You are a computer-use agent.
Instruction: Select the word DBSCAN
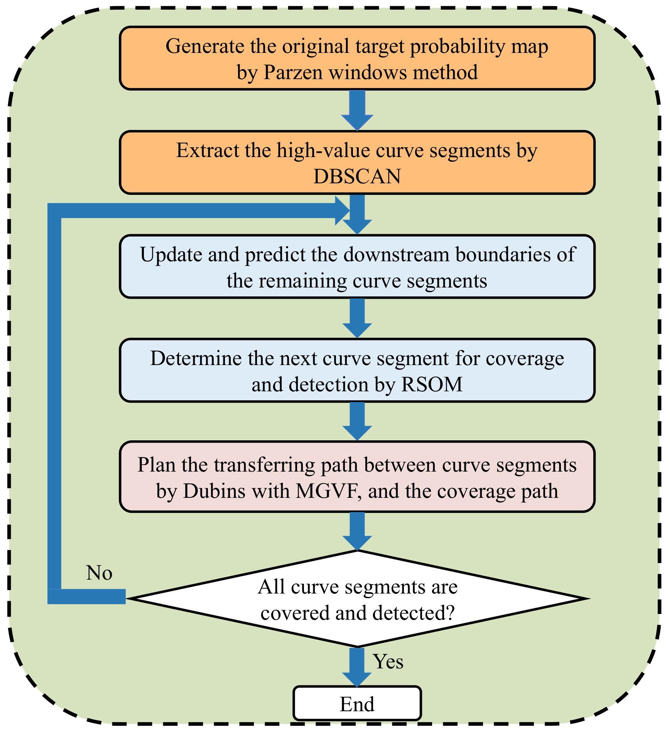pos(357,177)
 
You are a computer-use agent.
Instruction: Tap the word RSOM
pos(432,385)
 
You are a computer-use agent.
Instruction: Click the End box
pos(357,704)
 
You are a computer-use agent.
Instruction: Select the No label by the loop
pos(99,573)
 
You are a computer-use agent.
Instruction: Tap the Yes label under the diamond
pos(388,661)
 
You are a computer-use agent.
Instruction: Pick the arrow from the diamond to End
pos(357,667)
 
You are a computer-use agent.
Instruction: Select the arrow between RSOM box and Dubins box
pos(357,421)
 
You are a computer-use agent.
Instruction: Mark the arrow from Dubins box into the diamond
pos(357,531)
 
